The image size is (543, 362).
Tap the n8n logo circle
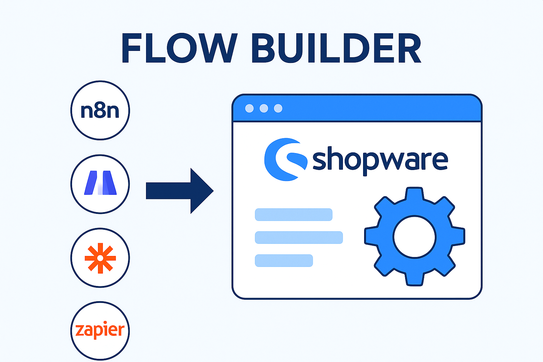[100, 111]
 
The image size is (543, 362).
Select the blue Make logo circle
[100, 184]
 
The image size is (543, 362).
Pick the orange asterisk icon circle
[100, 258]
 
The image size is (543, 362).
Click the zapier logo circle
[100, 331]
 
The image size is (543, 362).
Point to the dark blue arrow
[177, 191]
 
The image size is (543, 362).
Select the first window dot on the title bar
[249, 108]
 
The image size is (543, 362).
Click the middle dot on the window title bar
[264, 108]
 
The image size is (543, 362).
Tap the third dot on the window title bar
[278, 108]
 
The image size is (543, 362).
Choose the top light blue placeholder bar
[293, 215]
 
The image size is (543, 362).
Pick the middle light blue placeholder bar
[299, 238]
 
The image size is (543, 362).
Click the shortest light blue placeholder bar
[284, 261]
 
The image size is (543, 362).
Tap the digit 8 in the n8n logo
[100, 111]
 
